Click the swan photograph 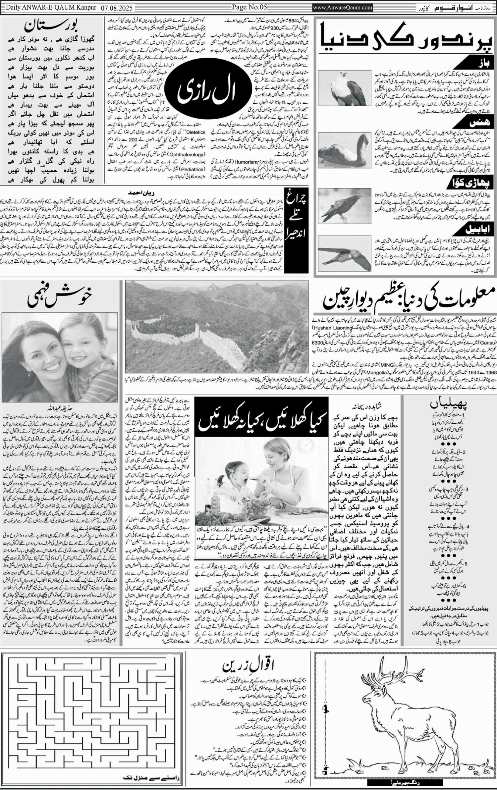(x=344, y=151)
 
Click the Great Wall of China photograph (x=217, y=326)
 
